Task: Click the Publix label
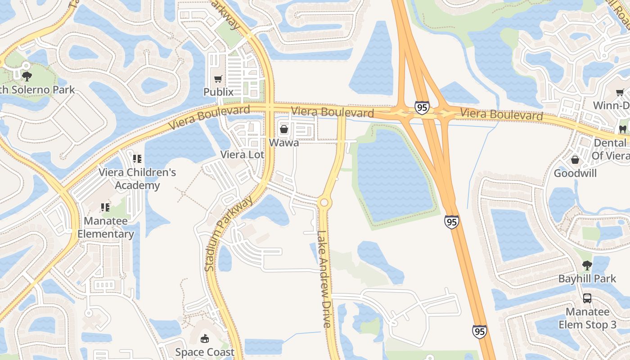(218, 92)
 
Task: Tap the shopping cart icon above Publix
(218, 79)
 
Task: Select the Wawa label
(284, 143)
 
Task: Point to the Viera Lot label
(242, 154)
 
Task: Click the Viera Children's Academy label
(137, 179)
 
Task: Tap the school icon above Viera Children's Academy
(137, 158)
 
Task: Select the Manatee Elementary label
(106, 228)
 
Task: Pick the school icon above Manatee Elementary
(105, 207)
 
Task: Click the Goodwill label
(575, 173)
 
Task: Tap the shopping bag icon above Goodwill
(575, 160)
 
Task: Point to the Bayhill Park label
(587, 279)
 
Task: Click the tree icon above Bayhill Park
(587, 265)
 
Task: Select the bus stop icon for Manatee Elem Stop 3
(587, 298)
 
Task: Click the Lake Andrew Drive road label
(324, 279)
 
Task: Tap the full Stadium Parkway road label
(229, 234)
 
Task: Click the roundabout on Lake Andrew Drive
(324, 203)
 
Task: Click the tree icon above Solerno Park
(27, 76)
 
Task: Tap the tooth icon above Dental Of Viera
(623, 129)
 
